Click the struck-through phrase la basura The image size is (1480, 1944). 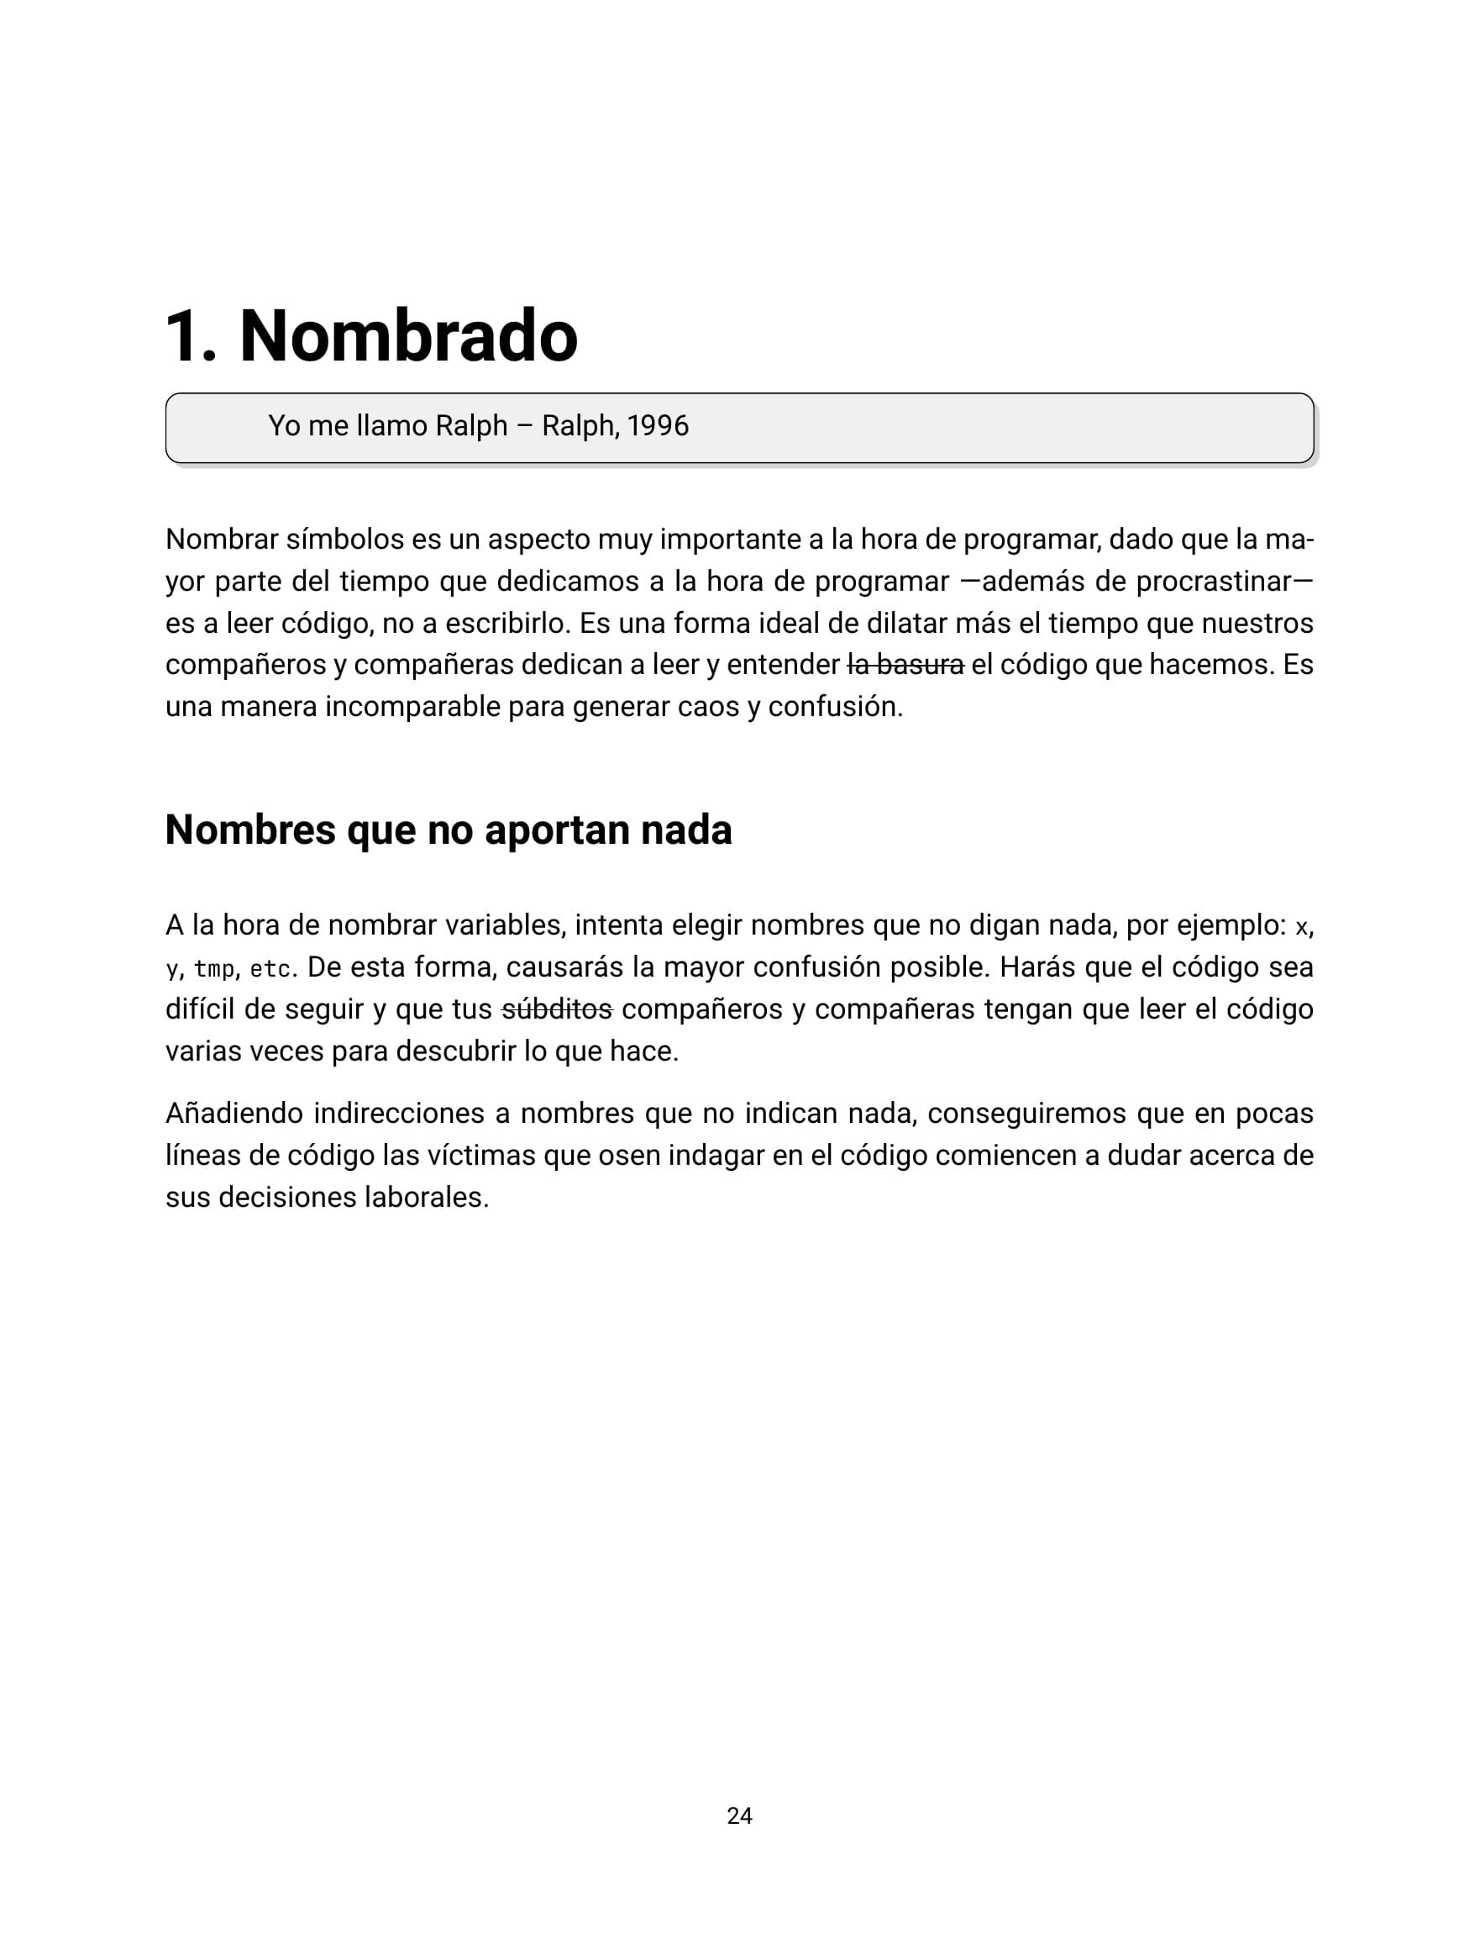pyautogui.click(x=905, y=665)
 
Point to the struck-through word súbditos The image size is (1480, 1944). pyautogui.click(x=557, y=1009)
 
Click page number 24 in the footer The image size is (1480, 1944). pyautogui.click(x=739, y=1815)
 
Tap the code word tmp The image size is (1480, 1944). pyautogui.click(x=214, y=969)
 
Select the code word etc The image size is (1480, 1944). pyautogui.click(x=270, y=969)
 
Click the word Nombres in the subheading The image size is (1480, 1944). pyautogui.click(x=250, y=830)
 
